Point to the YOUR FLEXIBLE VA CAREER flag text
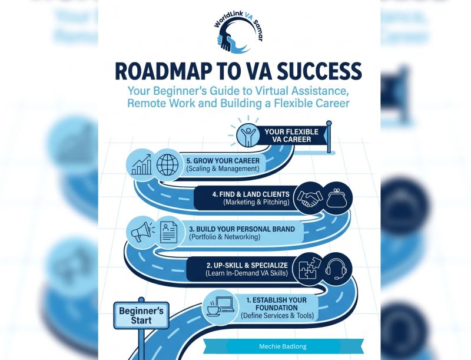(291, 136)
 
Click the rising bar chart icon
(141, 164)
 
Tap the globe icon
(167, 164)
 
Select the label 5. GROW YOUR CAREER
(223, 160)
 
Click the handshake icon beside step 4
(309, 198)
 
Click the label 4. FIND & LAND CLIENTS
(251, 194)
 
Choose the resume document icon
(168, 232)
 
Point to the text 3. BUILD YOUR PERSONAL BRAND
(242, 229)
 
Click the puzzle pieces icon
(310, 267)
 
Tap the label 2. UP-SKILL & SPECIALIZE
(247, 265)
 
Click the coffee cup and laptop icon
(220, 306)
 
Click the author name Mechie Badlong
(283, 346)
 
